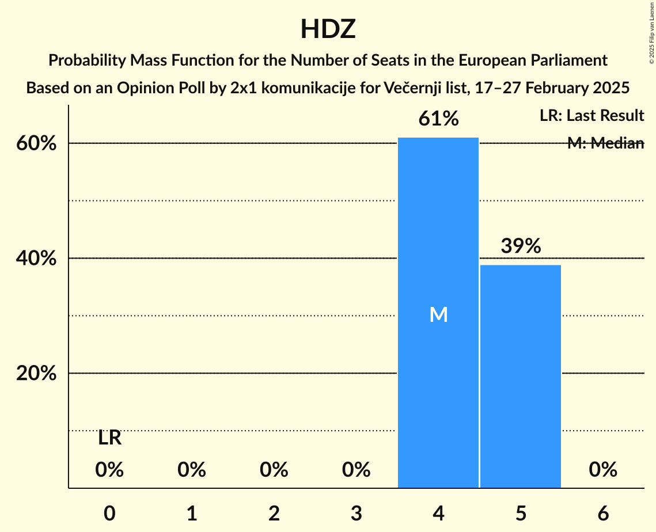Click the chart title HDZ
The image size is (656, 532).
[x=328, y=29]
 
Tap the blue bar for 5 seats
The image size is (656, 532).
[x=521, y=374]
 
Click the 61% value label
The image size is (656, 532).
[x=438, y=119]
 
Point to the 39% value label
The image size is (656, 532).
[x=521, y=246]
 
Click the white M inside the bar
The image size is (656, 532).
[x=438, y=314]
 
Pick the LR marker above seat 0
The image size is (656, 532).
[x=109, y=438]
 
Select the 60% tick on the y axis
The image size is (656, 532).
[x=36, y=143]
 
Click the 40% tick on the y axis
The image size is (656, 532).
[x=36, y=259]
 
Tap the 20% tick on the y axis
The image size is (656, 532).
[x=36, y=374]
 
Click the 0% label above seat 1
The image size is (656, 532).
[x=192, y=470]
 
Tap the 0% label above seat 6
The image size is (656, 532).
[x=603, y=470]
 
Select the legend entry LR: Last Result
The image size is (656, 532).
[x=591, y=116]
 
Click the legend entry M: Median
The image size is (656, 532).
[x=605, y=143]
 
